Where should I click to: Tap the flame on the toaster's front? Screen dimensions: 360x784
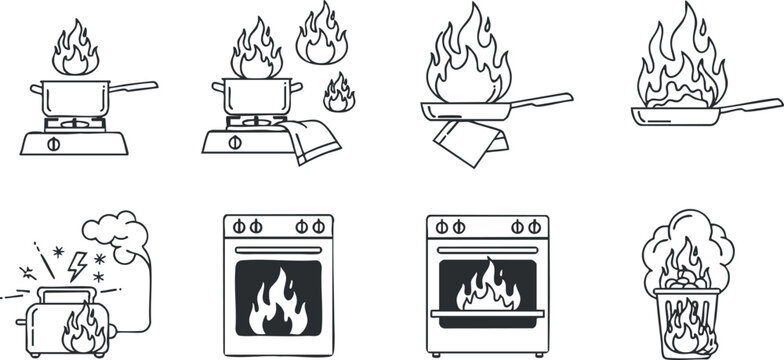(84, 329)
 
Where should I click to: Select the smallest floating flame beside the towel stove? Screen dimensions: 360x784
(339, 94)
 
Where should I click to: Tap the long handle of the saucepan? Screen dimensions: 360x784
(132, 87)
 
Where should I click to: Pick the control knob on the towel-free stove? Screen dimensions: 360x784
(54, 143)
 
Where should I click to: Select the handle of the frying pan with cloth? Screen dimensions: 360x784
(542, 100)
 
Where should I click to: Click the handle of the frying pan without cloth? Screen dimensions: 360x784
(751, 105)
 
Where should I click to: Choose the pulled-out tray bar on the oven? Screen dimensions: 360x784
(487, 313)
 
